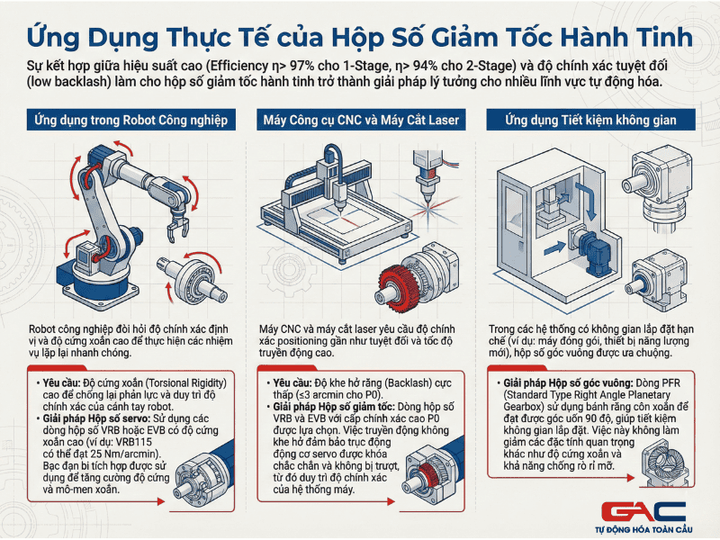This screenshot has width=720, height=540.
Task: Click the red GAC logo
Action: [643, 511]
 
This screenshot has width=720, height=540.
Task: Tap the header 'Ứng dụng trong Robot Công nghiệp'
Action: [130, 121]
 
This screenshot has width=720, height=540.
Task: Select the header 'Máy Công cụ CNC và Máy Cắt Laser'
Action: [361, 121]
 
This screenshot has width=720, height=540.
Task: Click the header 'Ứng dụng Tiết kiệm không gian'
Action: [590, 121]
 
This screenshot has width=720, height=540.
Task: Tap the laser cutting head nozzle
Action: [427, 192]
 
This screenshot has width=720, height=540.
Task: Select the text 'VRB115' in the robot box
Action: [133, 442]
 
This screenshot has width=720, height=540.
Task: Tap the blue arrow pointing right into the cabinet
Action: [554, 248]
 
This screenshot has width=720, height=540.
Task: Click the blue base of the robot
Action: [95, 281]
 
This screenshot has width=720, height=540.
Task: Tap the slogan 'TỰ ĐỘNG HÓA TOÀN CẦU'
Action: [643, 529]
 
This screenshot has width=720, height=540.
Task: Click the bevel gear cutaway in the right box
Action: [665, 463]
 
